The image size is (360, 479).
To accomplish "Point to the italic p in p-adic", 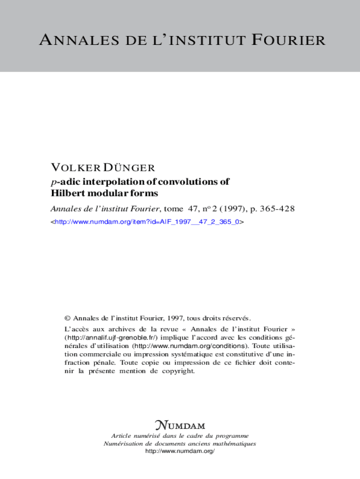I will tap(53, 182).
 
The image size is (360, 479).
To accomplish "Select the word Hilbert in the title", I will tap(66, 193).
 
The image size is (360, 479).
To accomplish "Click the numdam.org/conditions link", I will tap(191, 346).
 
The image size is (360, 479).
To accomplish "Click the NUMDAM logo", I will tap(180, 425).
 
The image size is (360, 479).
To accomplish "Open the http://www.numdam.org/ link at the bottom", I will tap(180, 451).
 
